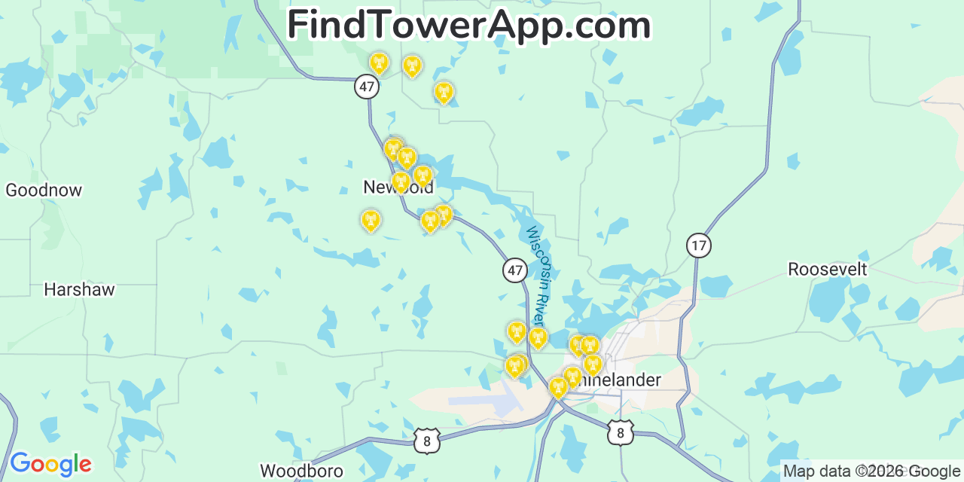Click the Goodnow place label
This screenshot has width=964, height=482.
pos(44,190)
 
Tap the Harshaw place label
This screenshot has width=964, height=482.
pos(79,289)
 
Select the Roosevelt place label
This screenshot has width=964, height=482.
pos(827,269)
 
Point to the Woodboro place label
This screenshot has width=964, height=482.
pos(301,471)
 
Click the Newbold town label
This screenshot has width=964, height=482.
pos(398,188)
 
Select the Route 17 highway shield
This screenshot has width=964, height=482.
pos(699,245)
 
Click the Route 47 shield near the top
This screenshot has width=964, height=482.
pos(367,87)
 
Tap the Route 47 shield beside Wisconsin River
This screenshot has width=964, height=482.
pos(515,270)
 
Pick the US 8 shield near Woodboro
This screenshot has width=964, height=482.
pos(426,441)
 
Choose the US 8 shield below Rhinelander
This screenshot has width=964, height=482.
pos(621,432)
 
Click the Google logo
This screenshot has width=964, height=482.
pos(50,463)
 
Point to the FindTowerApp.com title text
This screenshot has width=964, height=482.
pos(468,26)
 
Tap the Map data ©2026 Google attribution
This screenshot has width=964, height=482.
pos(872,471)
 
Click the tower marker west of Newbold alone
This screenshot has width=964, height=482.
pos(371,220)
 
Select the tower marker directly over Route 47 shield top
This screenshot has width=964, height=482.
pos(379,63)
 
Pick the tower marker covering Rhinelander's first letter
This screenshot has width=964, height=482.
pos(572,377)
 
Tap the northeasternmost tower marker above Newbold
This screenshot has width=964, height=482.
pos(444,93)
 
